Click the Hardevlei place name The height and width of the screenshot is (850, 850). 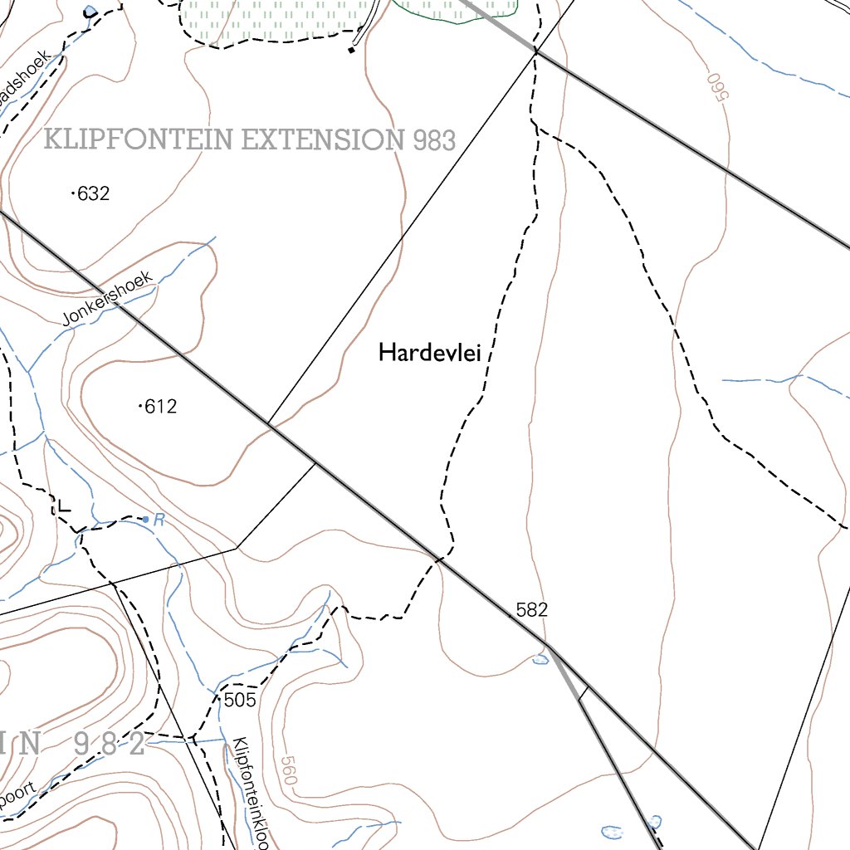(x=429, y=353)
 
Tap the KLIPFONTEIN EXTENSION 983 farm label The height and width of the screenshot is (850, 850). (x=249, y=139)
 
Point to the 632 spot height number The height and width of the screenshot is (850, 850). (x=93, y=194)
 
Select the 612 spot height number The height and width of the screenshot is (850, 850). (x=161, y=407)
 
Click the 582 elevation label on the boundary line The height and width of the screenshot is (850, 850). (x=532, y=610)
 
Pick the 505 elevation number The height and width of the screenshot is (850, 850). (x=240, y=700)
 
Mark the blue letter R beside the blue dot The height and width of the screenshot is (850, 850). (x=159, y=521)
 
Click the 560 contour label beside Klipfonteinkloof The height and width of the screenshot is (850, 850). (x=288, y=771)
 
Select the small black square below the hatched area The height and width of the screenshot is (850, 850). (x=351, y=51)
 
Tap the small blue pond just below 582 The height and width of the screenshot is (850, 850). (x=540, y=659)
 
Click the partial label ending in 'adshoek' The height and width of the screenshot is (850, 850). (x=25, y=79)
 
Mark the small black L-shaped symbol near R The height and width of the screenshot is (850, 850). (x=63, y=506)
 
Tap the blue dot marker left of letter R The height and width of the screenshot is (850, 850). (x=145, y=519)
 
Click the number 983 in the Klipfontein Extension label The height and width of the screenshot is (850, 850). (x=434, y=140)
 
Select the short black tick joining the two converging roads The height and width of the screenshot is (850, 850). (x=584, y=693)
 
